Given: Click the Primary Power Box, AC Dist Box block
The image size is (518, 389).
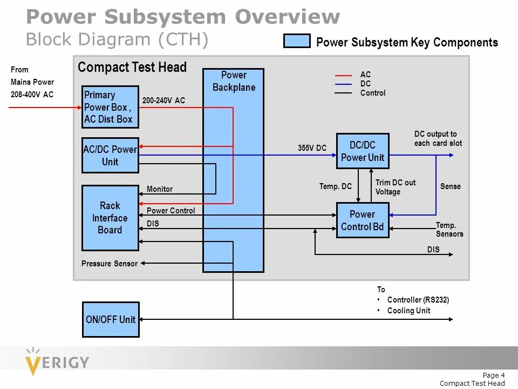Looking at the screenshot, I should [110, 107].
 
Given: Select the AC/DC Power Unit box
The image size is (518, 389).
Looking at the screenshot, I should [110, 156].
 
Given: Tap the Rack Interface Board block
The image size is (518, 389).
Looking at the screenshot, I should [110, 218].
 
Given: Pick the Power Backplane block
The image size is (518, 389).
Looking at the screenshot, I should [233, 170].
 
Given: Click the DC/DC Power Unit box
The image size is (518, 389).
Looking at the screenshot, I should [362, 151].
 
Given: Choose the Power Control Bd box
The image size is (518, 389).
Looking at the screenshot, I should [362, 220].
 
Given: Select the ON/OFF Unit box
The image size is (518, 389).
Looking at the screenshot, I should [110, 320].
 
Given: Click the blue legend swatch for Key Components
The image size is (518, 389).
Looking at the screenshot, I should [297, 42].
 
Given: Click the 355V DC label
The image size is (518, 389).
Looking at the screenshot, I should [312, 148].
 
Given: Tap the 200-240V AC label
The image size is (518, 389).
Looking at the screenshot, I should [163, 100].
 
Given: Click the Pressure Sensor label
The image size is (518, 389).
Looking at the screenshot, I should [110, 264].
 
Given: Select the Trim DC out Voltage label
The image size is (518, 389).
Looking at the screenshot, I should [396, 187].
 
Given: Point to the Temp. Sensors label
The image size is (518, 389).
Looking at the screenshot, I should [449, 230].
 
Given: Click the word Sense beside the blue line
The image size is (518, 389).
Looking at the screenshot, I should [451, 186].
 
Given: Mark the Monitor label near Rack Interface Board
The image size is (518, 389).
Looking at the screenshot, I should [160, 189].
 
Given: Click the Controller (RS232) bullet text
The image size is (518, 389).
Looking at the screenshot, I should [418, 300].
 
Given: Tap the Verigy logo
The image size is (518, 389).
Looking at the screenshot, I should [57, 360].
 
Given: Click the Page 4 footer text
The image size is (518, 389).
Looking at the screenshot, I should [494, 375].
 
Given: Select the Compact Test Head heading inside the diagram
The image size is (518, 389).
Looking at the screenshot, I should [132, 68].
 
